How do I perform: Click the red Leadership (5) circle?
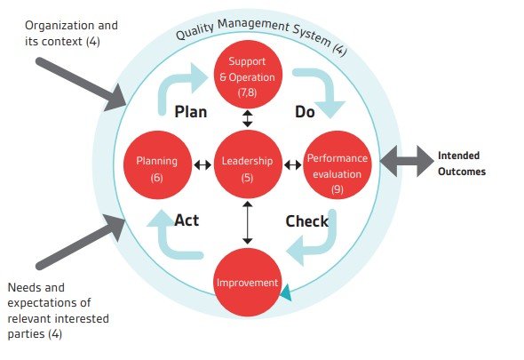click(x=247, y=164)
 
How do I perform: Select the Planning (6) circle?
click(x=157, y=165)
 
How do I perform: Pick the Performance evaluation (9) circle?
click(x=337, y=165)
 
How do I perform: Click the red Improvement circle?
click(x=247, y=282)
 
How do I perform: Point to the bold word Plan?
click(x=191, y=112)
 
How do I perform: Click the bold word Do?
click(x=305, y=112)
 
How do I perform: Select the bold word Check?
click(x=307, y=221)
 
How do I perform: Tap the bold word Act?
click(x=187, y=220)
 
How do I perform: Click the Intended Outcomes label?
click(x=462, y=164)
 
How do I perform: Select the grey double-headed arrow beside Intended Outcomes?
click(x=407, y=161)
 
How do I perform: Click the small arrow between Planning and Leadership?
click(x=202, y=164)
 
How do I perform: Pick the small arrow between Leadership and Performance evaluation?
click(x=293, y=164)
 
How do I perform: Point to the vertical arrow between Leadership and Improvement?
click(x=247, y=222)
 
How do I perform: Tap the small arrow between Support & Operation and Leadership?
click(x=247, y=119)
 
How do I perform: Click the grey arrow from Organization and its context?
click(x=81, y=84)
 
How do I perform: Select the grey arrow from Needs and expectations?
click(x=81, y=243)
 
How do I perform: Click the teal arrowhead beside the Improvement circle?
click(x=286, y=293)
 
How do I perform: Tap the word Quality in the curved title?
click(x=195, y=31)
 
